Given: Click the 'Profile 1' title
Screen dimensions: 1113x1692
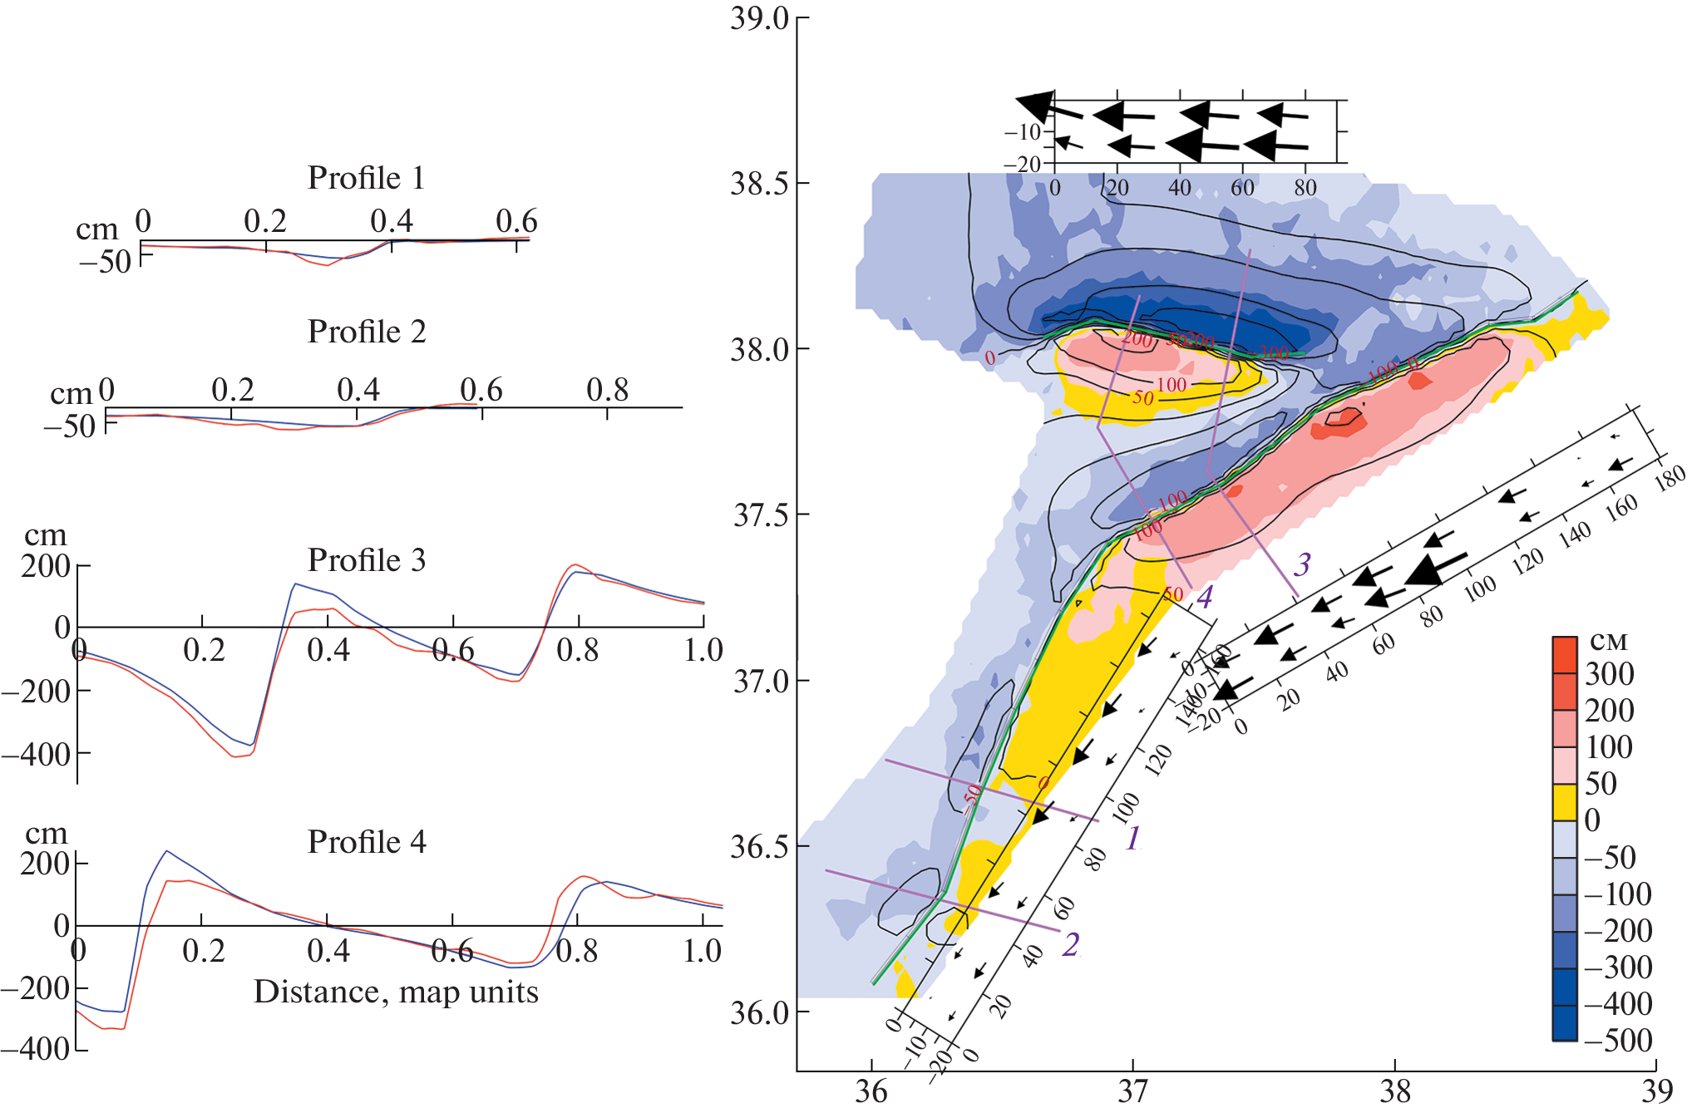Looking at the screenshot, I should click(366, 178).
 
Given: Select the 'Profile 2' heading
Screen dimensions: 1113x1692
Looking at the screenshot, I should click(367, 332).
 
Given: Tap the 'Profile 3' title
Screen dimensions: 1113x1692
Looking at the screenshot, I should click(367, 560).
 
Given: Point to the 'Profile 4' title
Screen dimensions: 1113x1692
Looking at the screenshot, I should click(367, 842).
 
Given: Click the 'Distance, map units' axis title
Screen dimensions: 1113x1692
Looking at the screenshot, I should click(396, 992).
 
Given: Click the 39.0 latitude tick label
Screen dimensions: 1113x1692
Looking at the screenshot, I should click(759, 18).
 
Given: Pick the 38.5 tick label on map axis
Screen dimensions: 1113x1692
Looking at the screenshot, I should click(759, 184).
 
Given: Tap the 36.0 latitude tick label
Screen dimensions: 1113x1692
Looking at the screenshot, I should click(759, 1012).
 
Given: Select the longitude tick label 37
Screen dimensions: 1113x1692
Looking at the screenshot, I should click(1132, 1091).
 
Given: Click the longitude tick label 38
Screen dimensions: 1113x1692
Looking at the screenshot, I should click(1394, 1091).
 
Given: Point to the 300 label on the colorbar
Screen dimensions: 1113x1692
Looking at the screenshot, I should click(1609, 674).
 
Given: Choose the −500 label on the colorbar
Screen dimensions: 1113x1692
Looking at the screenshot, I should click(1617, 1041).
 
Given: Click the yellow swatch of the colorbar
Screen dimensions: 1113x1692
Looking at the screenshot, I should click(1564, 802).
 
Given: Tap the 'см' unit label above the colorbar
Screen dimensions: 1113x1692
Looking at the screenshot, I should click(1608, 641).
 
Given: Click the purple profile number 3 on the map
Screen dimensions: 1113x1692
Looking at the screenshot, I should click(1302, 565).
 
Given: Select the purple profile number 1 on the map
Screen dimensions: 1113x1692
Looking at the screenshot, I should click(1132, 838).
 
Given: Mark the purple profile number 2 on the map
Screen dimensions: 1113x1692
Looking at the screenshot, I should click(1071, 944).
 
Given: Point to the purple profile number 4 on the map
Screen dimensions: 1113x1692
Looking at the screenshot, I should click(1204, 596).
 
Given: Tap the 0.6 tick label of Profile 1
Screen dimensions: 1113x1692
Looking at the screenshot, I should click(516, 221).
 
